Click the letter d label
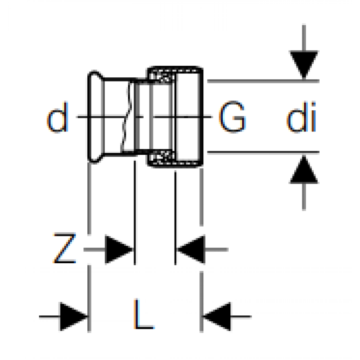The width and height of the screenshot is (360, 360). (58, 117)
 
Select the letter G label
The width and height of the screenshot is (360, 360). (232, 117)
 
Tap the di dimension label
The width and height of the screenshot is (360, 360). (301, 117)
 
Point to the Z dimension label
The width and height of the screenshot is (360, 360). (64, 248)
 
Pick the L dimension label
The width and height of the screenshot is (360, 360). (144, 314)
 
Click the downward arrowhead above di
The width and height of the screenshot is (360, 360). (304, 65)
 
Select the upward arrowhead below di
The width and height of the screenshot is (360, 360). (304, 170)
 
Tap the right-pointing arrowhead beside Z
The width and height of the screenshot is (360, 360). (119, 249)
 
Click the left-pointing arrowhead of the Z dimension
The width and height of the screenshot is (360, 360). (191, 249)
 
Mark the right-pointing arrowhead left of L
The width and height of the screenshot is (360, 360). (74, 317)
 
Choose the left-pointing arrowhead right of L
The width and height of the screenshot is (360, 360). (216, 317)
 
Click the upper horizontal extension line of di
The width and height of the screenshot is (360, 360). (263, 81)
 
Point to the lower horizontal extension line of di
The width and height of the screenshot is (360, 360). (263, 152)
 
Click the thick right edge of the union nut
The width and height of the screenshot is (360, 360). (201, 117)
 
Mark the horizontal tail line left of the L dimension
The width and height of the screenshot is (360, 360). (49, 317)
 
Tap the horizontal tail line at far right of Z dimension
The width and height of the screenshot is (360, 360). (216, 249)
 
